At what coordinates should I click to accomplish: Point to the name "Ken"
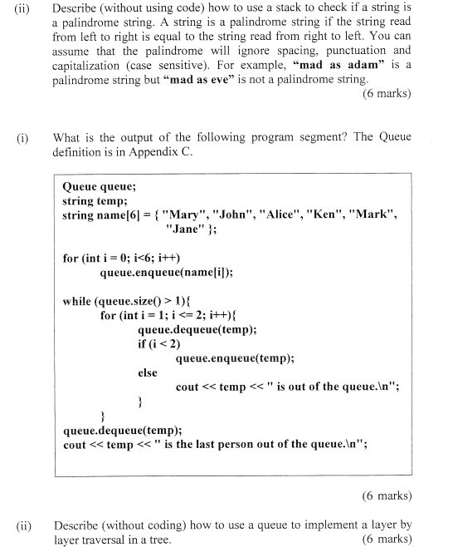click(329, 215)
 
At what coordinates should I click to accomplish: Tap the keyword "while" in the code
click(78, 301)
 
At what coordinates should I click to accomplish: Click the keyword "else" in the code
click(147, 372)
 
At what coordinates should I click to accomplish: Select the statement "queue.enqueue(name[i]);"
click(166, 272)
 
